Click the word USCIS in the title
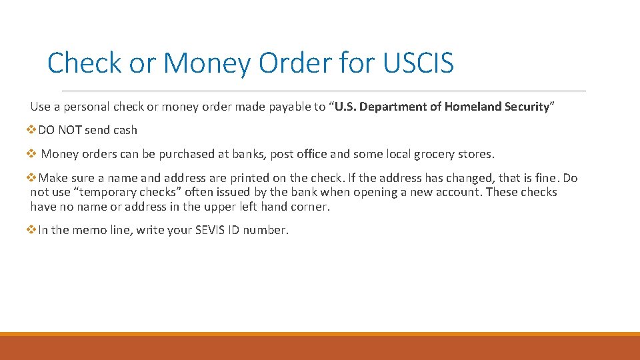tap(418, 63)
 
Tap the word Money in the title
tap(207, 63)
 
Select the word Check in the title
tap(85, 63)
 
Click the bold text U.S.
tap(347, 107)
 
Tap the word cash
tap(125, 130)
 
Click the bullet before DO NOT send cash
tap(33, 130)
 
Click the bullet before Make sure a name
tap(33, 178)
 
